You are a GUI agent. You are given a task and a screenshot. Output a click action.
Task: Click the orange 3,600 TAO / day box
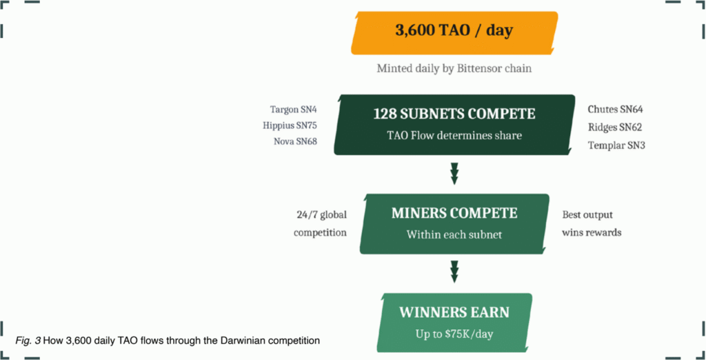click(454, 32)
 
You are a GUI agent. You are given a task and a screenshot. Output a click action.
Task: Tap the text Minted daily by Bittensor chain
click(454, 69)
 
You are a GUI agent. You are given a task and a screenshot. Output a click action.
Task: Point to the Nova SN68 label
click(295, 142)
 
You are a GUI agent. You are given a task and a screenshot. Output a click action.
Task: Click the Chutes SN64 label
click(615, 110)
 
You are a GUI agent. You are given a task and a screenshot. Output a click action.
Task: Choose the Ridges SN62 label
click(615, 127)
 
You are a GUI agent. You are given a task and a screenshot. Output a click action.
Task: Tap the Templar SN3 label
click(616, 145)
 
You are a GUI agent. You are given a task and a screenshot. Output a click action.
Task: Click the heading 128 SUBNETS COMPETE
click(454, 114)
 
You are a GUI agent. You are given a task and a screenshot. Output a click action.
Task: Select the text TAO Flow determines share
click(454, 135)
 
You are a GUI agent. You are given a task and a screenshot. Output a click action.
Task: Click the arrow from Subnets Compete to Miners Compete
click(454, 173)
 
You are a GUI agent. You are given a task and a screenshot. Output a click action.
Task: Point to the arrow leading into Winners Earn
click(454, 271)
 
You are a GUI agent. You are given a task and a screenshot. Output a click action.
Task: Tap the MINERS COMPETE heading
click(454, 214)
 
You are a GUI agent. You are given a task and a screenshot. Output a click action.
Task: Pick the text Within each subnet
click(454, 234)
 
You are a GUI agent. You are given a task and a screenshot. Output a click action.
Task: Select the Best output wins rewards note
click(591, 223)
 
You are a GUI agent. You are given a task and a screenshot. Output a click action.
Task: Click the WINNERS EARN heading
click(454, 312)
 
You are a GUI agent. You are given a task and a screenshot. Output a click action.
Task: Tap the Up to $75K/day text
click(454, 334)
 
